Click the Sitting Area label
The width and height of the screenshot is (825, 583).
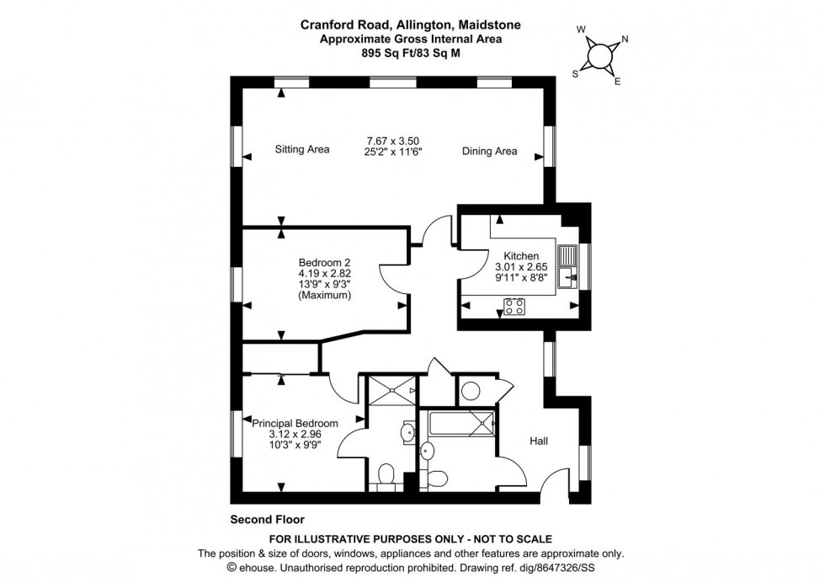301,150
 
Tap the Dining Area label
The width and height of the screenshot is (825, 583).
488,152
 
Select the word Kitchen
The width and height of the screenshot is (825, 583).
521,256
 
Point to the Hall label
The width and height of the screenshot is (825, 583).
540,441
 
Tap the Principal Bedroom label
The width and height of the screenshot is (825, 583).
295,424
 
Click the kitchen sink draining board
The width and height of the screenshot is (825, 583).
569,254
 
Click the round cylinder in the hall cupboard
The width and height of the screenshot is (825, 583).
471,391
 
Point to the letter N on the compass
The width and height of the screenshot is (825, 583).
625,40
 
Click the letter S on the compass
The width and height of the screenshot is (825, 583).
576,72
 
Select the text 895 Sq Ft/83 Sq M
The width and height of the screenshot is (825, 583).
411,52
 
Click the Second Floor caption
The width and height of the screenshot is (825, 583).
267,520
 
